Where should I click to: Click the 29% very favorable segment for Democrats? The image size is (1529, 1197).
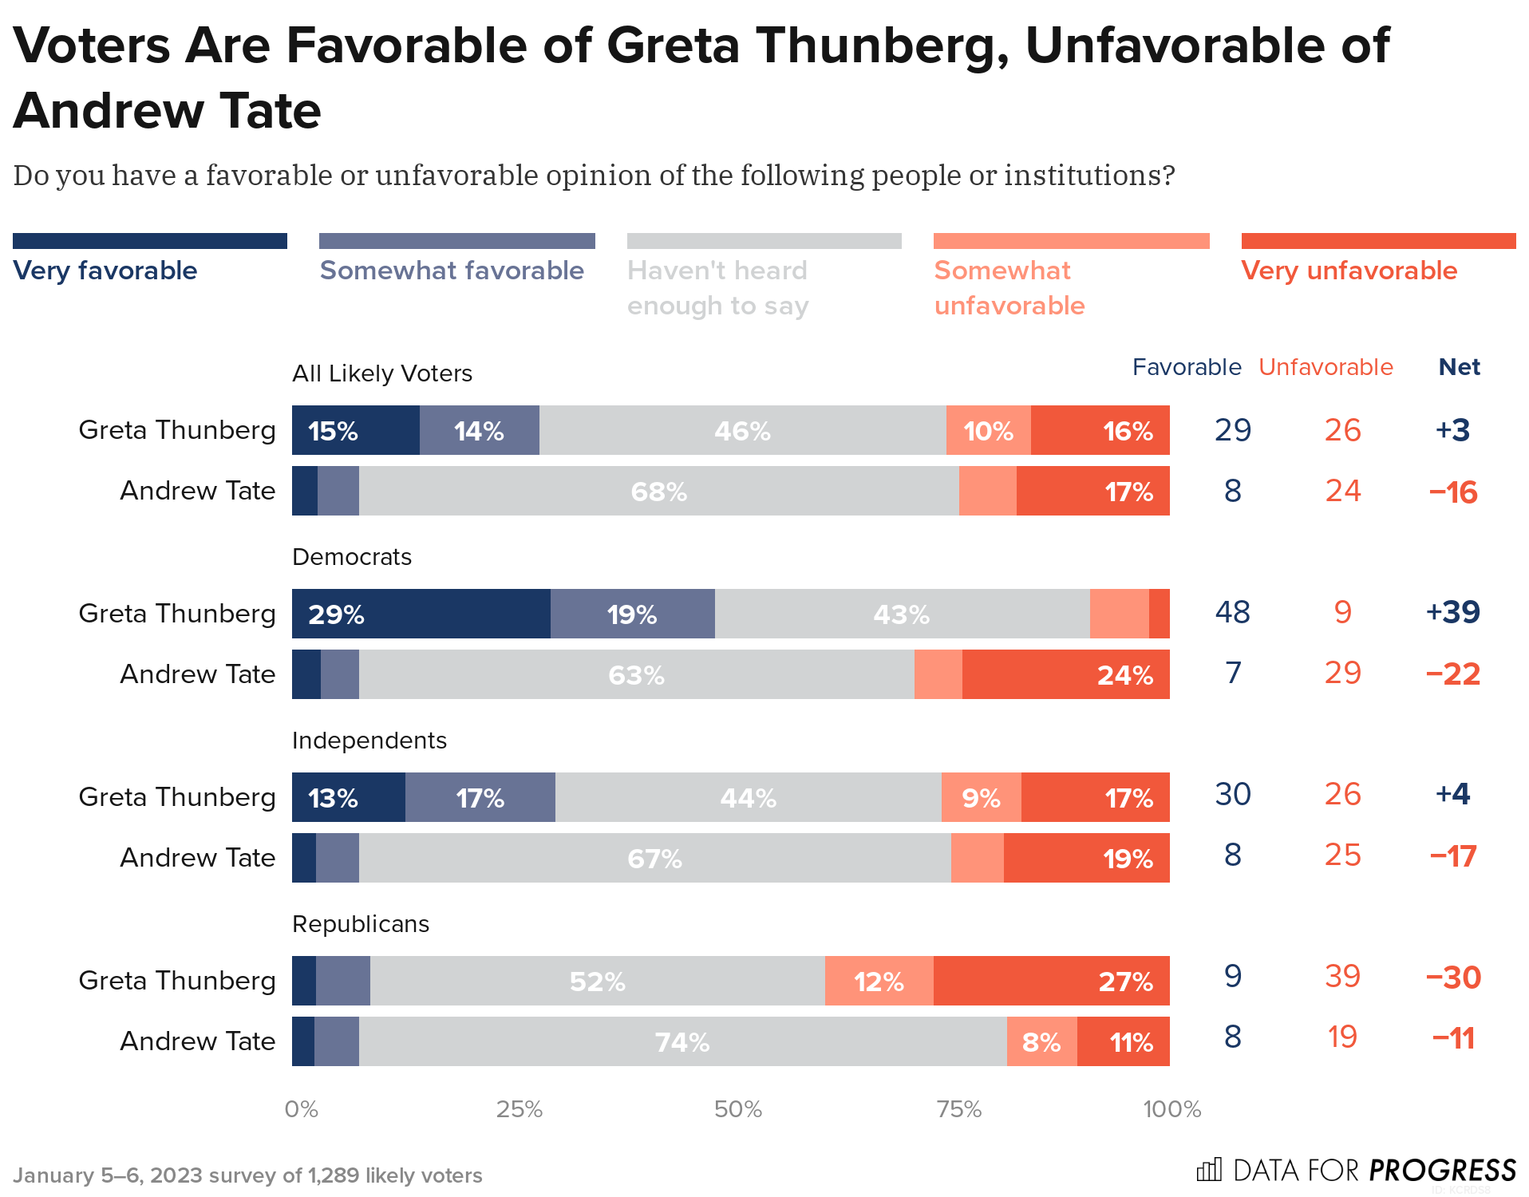pyautogui.click(x=421, y=614)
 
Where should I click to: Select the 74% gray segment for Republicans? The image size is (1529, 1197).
pyautogui.click(x=682, y=1041)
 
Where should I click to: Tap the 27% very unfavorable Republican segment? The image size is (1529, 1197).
pyautogui.click(x=1051, y=981)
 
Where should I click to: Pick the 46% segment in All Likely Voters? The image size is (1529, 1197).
pyautogui.click(x=742, y=430)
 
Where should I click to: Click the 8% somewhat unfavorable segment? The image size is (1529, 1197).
pyautogui.click(x=1041, y=1041)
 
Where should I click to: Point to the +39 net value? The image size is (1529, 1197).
pyautogui.click(x=1452, y=612)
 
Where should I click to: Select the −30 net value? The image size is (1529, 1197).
pyautogui.click(x=1452, y=977)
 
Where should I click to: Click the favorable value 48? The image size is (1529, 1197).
pyautogui.click(x=1232, y=612)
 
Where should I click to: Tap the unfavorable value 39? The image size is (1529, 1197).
pyautogui.click(x=1342, y=976)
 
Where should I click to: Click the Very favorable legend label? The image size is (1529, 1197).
pyautogui.click(x=105, y=271)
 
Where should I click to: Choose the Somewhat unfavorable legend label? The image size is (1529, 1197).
pyautogui.click(x=1009, y=288)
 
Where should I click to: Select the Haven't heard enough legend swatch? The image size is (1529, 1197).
pyautogui.click(x=764, y=241)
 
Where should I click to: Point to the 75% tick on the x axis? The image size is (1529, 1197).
pyautogui.click(x=958, y=1109)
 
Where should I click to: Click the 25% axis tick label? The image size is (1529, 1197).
pyautogui.click(x=519, y=1109)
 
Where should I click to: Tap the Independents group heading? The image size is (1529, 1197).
pyautogui.click(x=369, y=741)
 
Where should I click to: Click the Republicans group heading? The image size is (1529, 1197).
pyautogui.click(x=360, y=924)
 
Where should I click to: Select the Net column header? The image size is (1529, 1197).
pyautogui.click(x=1459, y=367)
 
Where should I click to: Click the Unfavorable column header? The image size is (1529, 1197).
pyautogui.click(x=1326, y=367)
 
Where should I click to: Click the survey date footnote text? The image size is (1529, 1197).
pyautogui.click(x=247, y=1175)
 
